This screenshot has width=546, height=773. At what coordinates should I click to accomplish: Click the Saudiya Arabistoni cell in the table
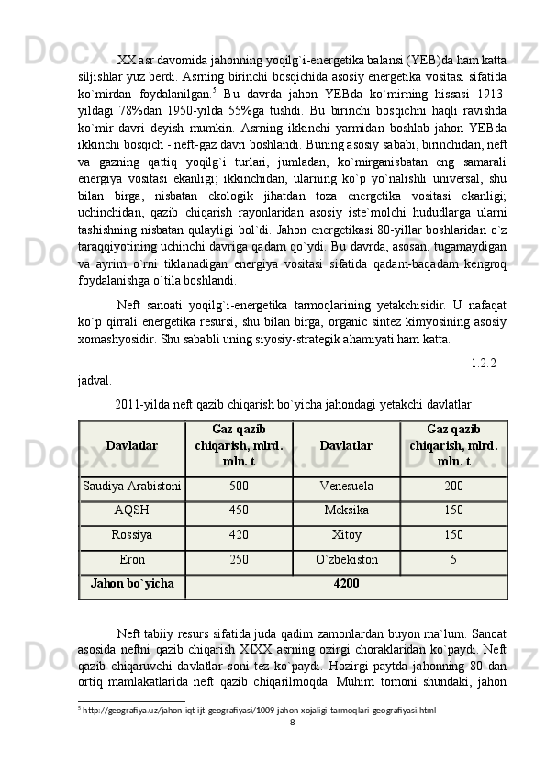click(132, 486)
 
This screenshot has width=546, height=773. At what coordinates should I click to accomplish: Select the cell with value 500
click(239, 486)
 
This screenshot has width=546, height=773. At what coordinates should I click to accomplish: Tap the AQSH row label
click(132, 510)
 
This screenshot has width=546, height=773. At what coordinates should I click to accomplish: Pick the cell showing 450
click(239, 510)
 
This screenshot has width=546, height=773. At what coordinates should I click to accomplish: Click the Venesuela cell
click(346, 486)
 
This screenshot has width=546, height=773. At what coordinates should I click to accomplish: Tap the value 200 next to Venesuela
click(453, 486)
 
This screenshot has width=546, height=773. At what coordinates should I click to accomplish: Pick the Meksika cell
click(346, 510)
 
